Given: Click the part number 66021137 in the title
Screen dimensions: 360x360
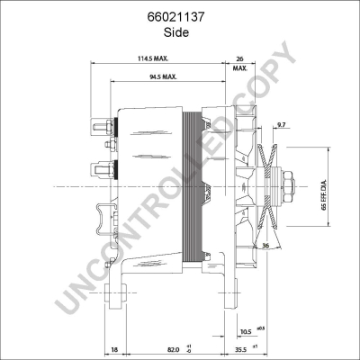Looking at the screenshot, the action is pyautogui.click(x=175, y=17).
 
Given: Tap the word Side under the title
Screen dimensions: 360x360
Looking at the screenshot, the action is pyautogui.click(x=176, y=32).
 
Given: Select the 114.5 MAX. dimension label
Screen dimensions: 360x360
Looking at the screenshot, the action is pyautogui.click(x=153, y=58).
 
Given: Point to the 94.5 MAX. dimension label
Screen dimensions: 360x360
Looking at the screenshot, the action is pyautogui.click(x=163, y=76).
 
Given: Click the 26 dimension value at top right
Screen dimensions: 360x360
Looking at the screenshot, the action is pyautogui.click(x=239, y=58).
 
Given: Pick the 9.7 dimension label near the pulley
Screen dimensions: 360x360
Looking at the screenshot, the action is pyautogui.click(x=281, y=124).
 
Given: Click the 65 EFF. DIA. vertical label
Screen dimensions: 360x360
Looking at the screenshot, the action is pyautogui.click(x=323, y=195).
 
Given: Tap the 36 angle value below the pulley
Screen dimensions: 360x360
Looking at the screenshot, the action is pyautogui.click(x=265, y=246).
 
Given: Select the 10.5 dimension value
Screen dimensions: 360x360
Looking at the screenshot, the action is pyautogui.click(x=246, y=332).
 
